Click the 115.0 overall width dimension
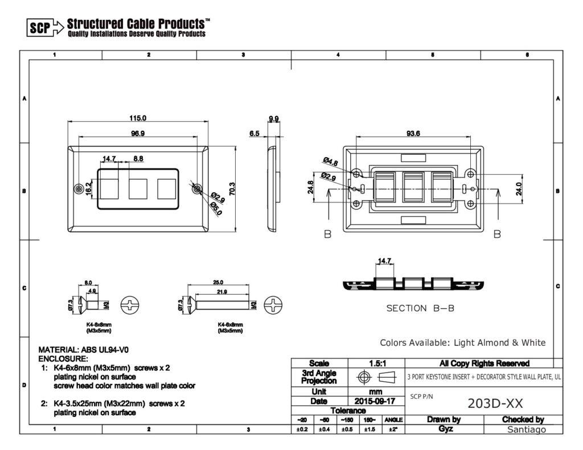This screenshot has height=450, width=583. point(137,118)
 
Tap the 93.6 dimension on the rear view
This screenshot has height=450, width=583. point(413,134)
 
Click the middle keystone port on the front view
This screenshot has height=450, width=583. point(138,188)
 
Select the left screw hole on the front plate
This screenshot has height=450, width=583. point(79,188)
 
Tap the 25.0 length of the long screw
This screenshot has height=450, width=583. point(218,282)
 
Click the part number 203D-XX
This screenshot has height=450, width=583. point(495,403)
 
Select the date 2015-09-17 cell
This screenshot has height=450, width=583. point(376,401)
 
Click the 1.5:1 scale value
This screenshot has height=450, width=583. point(376,363)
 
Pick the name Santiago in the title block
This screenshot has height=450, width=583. point(527,430)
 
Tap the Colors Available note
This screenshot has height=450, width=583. point(462,342)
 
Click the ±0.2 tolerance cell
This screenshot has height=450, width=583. point(302,430)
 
